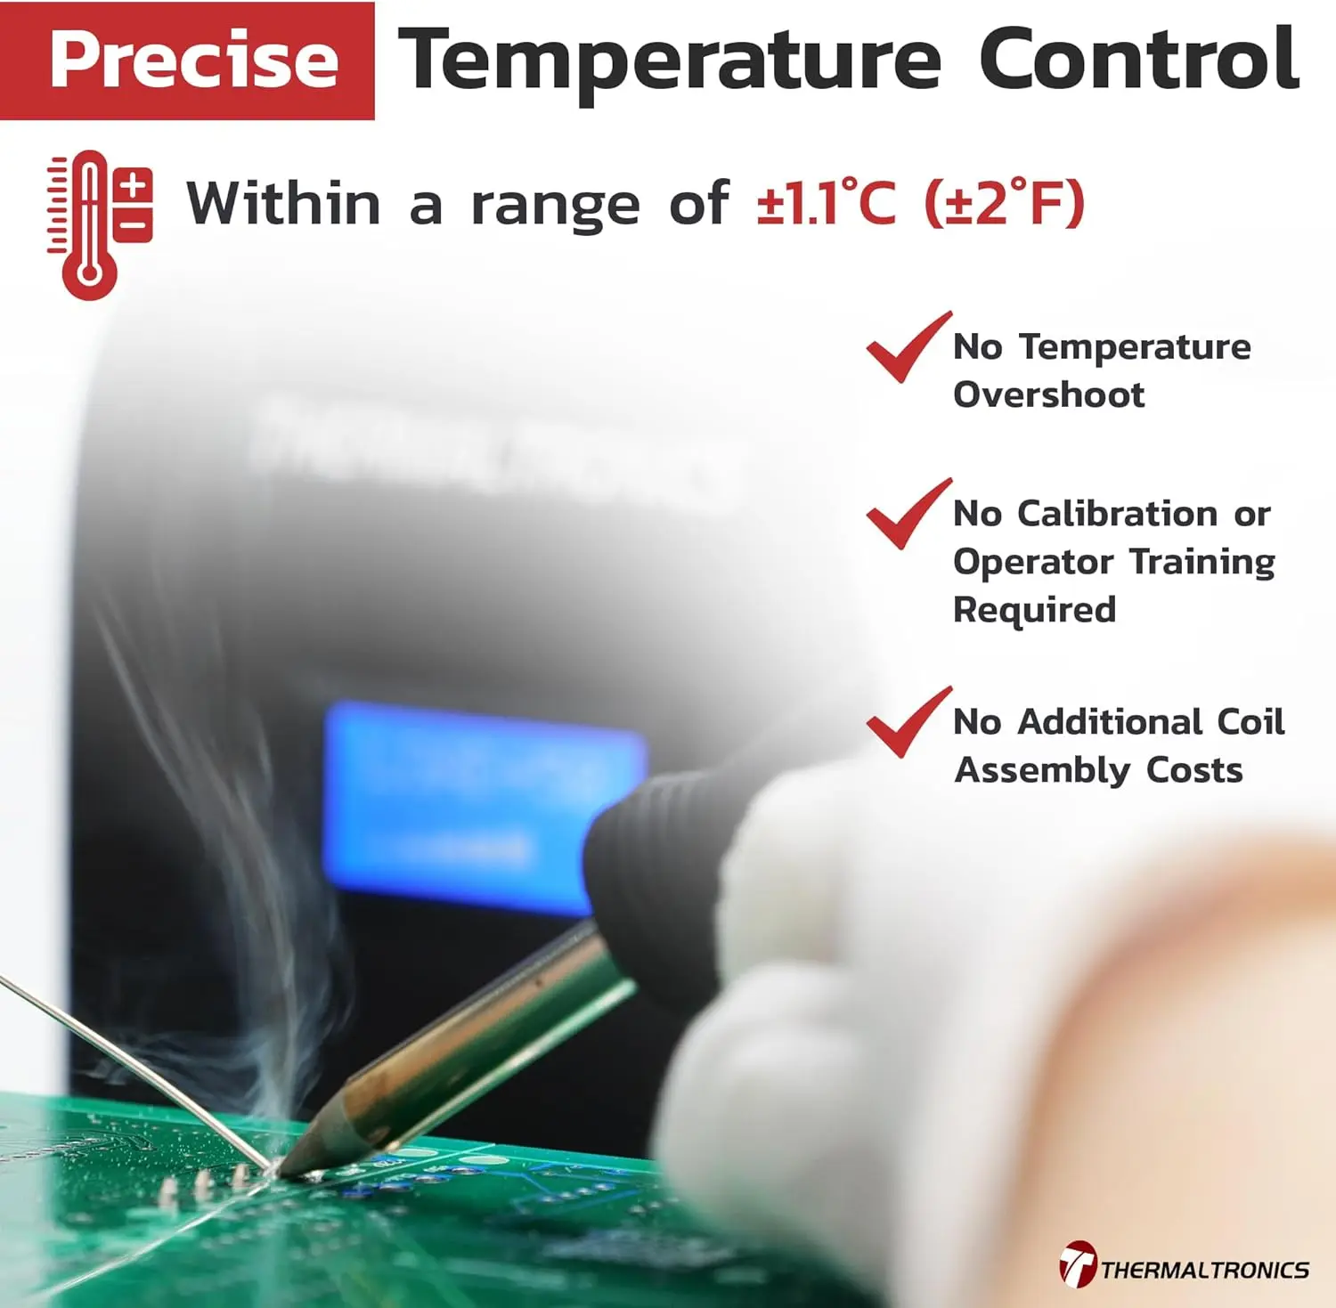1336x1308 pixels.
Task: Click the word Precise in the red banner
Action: point(193,60)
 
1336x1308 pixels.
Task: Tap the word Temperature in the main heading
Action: point(669,61)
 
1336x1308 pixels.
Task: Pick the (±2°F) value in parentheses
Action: point(1004,203)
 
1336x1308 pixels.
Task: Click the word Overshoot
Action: point(1048,394)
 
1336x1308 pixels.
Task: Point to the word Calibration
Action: point(1117,514)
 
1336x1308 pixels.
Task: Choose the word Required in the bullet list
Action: point(1034,610)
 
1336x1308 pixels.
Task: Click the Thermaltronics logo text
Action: point(1203,1269)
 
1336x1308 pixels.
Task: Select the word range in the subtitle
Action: point(554,205)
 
